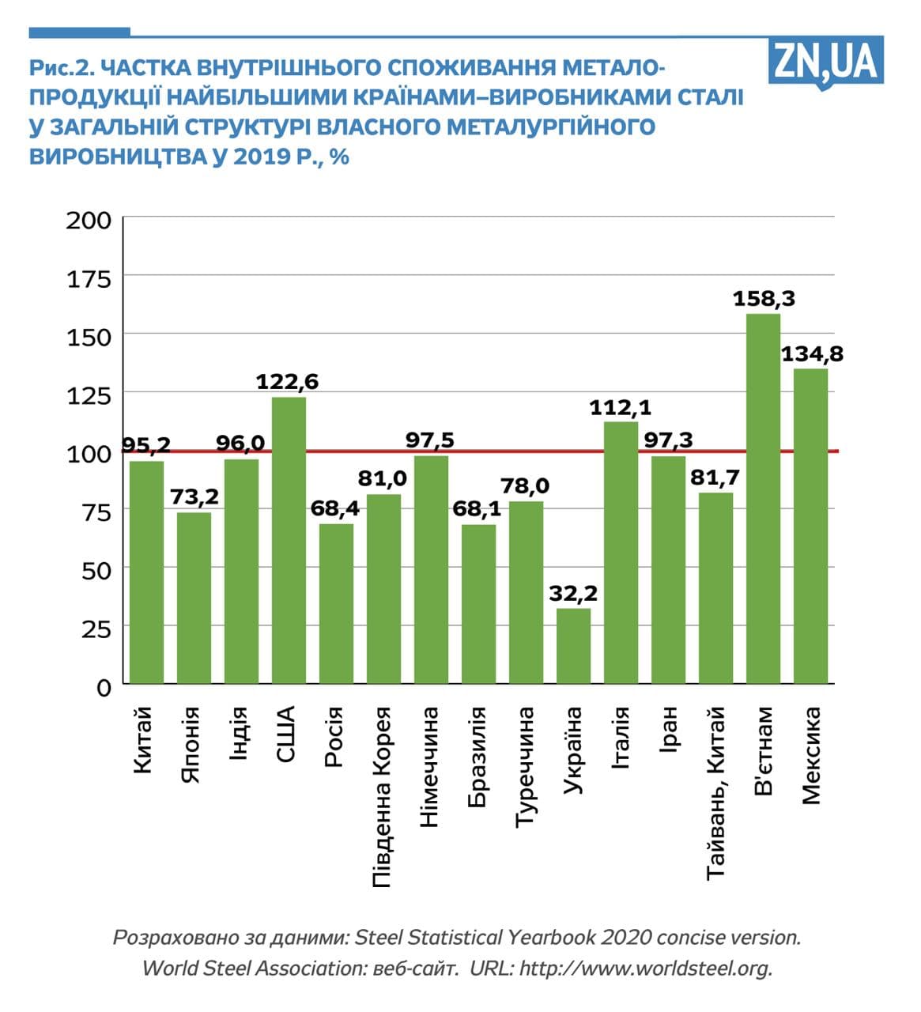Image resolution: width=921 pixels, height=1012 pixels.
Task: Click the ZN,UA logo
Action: [825, 62]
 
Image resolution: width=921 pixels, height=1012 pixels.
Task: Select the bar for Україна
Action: [573, 645]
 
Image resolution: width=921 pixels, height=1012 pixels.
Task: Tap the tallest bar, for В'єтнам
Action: [763, 498]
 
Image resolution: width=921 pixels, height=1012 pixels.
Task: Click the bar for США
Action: [289, 540]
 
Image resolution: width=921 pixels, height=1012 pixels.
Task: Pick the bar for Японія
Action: [194, 598]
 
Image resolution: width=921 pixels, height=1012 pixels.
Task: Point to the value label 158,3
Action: [764, 299]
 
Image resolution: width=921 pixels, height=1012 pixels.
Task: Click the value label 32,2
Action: [573, 592]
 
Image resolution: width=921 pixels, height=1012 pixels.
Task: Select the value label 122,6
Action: [287, 382]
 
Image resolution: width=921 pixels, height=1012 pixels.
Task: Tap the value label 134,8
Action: [812, 353]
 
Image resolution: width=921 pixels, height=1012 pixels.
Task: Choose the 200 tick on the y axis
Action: [89, 219]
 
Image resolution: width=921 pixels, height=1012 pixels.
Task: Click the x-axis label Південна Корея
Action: [382, 796]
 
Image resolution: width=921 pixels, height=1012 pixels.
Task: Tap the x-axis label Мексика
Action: [812, 755]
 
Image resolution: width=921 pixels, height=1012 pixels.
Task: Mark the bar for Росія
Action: [336, 603]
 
